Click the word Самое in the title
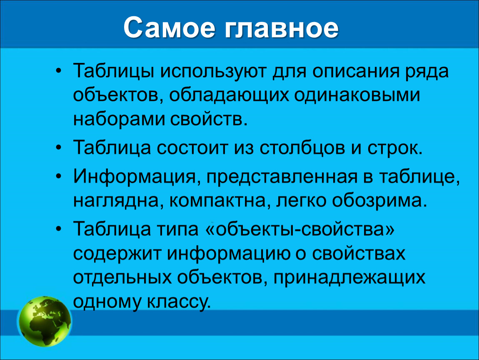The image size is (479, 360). click(x=169, y=28)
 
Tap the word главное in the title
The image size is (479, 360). click(x=282, y=28)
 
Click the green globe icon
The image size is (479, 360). click(x=45, y=321)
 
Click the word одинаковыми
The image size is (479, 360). click(x=357, y=95)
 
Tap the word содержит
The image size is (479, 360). click(x=117, y=254)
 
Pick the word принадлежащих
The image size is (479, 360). click(x=349, y=278)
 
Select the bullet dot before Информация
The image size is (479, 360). click(x=59, y=177)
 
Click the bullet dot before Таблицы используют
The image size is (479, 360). click(x=59, y=72)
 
